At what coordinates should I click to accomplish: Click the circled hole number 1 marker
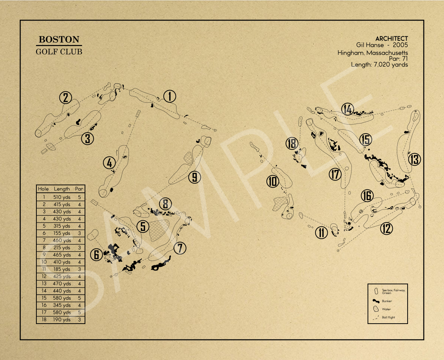pyautogui.click(x=170, y=96)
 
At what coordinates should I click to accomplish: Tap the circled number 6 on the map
pyautogui.click(x=96, y=255)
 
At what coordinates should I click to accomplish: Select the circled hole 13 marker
pyautogui.click(x=414, y=159)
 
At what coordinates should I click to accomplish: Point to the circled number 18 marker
pyautogui.click(x=292, y=143)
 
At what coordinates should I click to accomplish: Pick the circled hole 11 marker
pyautogui.click(x=321, y=233)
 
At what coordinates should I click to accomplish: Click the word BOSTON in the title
pyautogui.click(x=59, y=39)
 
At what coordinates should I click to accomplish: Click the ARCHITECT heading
pyautogui.click(x=391, y=39)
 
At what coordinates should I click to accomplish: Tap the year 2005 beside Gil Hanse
pyautogui.click(x=400, y=45)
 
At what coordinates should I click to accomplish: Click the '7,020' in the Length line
pyautogui.click(x=381, y=64)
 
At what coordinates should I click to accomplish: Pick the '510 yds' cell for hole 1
pyautogui.click(x=62, y=197)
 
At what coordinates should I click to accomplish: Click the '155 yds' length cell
pyautogui.click(x=62, y=233)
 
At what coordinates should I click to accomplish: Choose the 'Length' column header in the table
pyautogui.click(x=62, y=189)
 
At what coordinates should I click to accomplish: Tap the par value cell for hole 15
pyautogui.click(x=80, y=298)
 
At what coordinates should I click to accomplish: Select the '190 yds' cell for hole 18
pyautogui.click(x=62, y=319)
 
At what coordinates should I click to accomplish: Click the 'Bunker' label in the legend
pyautogui.click(x=387, y=301)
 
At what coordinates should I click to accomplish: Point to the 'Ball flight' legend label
pyautogui.click(x=388, y=317)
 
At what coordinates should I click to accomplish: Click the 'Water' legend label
pyautogui.click(x=386, y=309)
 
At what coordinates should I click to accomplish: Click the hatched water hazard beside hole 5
pyautogui.click(x=159, y=230)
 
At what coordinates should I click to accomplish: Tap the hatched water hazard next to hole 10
pyautogui.click(x=280, y=203)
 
